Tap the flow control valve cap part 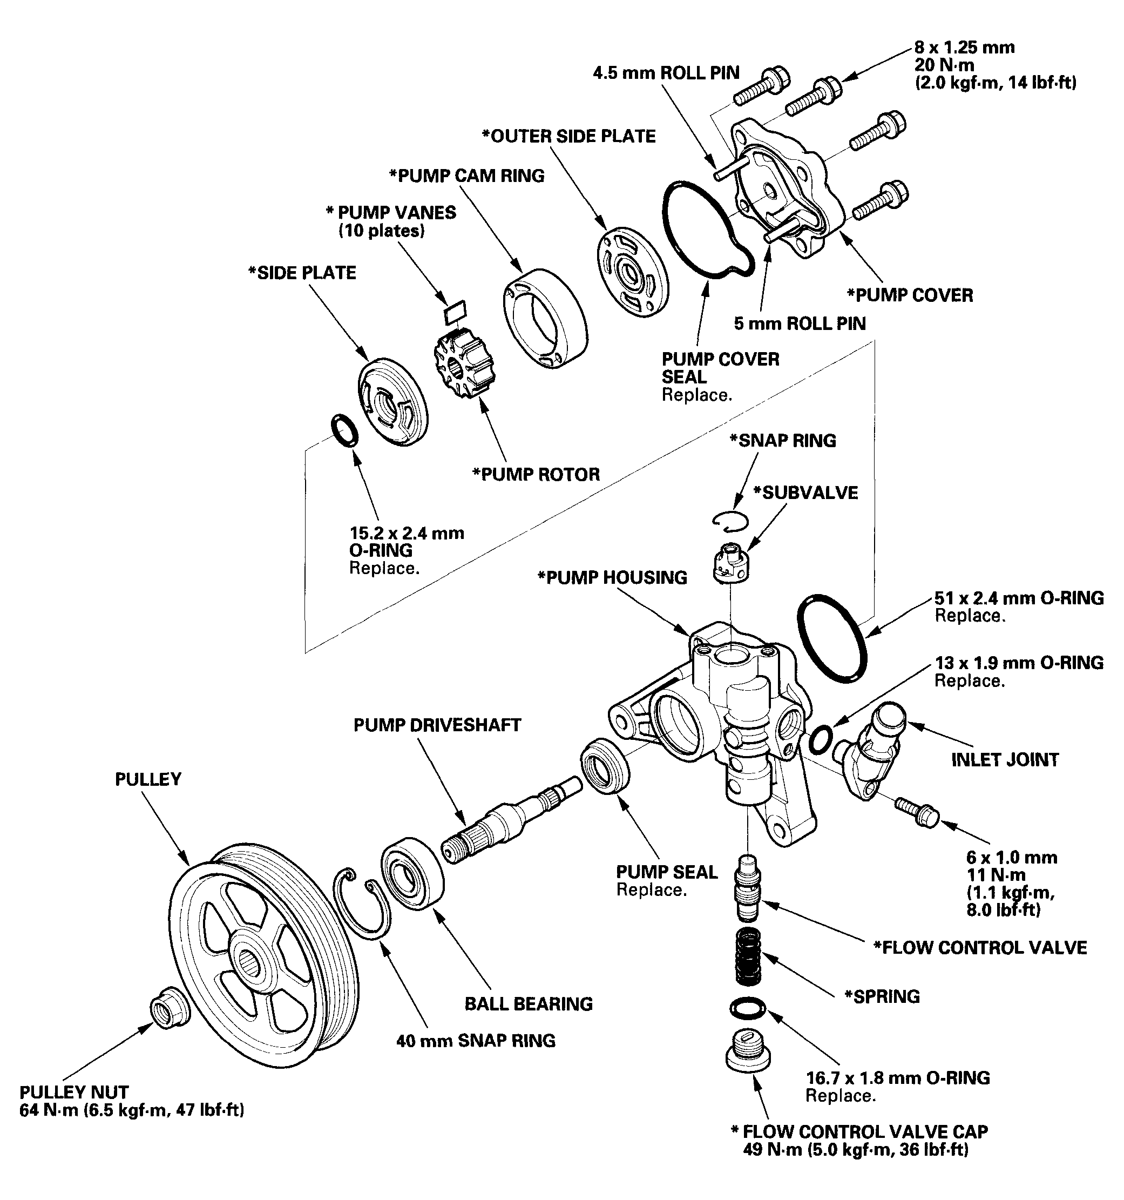point(748,1051)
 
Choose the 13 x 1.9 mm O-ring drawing point(821,740)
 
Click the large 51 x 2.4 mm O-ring point(832,638)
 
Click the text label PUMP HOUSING point(612,578)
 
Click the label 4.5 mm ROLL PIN point(666,73)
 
